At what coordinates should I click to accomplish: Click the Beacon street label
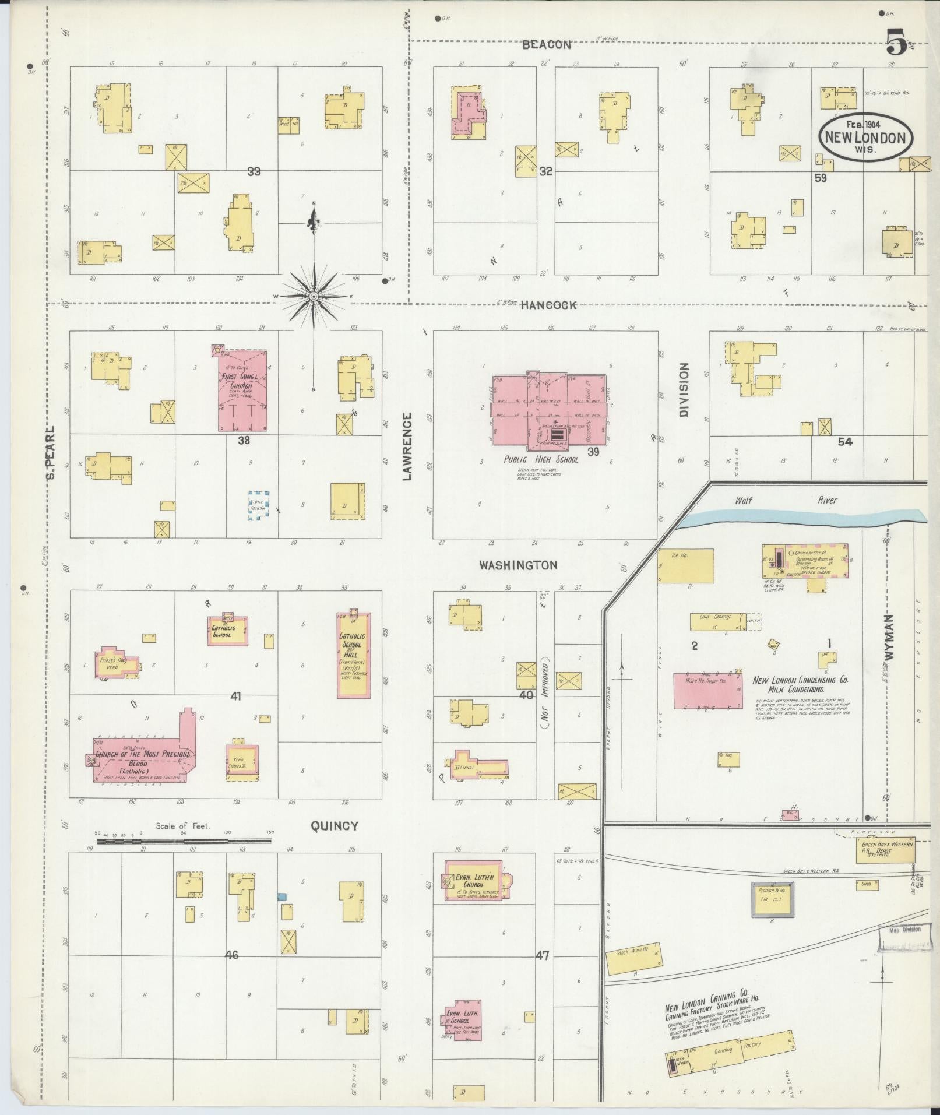546,44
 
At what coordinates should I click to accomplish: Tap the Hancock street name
548,305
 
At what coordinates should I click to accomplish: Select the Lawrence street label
407,446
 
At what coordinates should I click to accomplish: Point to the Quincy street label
334,825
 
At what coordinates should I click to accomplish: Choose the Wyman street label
888,636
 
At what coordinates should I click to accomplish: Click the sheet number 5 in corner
896,42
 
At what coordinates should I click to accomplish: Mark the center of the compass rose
314,297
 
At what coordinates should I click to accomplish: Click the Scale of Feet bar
184,841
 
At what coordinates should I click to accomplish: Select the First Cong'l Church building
243,391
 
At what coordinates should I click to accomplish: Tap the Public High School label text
541,459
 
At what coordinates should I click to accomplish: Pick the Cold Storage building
717,621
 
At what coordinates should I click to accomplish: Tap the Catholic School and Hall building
353,655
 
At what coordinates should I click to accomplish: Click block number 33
254,171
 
